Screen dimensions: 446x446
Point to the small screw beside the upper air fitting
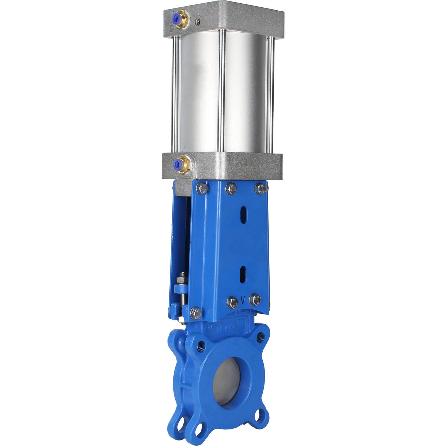pyautogui.click(x=198, y=22)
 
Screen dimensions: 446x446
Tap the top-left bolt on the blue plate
pyautogui.click(x=202, y=189)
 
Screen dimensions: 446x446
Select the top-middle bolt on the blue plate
pyautogui.click(x=231, y=188)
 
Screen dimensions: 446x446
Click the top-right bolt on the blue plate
pyautogui.click(x=260, y=188)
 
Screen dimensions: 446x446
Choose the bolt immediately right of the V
pyautogui.click(x=255, y=299)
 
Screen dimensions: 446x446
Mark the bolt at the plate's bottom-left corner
pyautogui.click(x=196, y=313)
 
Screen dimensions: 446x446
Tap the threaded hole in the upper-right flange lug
pyautogui.click(x=261, y=335)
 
